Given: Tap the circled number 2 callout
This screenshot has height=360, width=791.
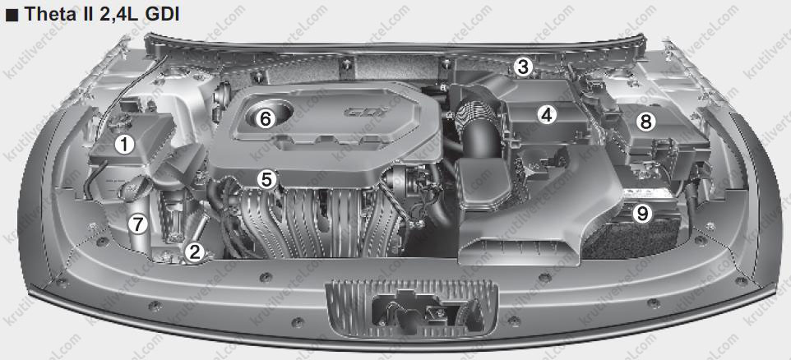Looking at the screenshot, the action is coord(194,252).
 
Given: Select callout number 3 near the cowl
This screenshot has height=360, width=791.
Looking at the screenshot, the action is coord(523,66).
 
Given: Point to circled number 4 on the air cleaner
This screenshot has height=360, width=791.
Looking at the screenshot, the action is coord(546,115).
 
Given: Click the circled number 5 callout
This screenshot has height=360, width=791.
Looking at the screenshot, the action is coord(266,179).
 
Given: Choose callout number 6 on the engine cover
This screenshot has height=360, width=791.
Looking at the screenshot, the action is coord(266,119).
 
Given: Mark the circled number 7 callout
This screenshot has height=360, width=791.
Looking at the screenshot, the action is coord(136,224).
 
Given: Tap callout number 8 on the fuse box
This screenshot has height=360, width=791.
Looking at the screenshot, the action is coord(646,121).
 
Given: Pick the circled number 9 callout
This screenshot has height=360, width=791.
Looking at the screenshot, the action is coord(641,214).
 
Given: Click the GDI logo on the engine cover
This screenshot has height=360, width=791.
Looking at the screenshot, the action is coord(364,112).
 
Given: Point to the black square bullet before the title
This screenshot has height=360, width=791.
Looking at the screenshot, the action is coord(12,15).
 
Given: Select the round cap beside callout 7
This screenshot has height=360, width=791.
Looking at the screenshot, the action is coord(135,190).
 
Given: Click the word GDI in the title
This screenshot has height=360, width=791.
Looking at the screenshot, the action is coord(161,14).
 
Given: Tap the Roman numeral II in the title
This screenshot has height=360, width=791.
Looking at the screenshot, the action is coord(84,14).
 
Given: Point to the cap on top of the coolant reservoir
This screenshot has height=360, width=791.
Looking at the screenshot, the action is coord(119,120).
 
